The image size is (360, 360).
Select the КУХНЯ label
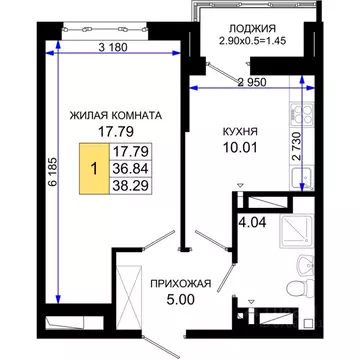[240, 131]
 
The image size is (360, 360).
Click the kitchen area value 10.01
[240, 149]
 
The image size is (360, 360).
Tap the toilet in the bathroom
[292, 289]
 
